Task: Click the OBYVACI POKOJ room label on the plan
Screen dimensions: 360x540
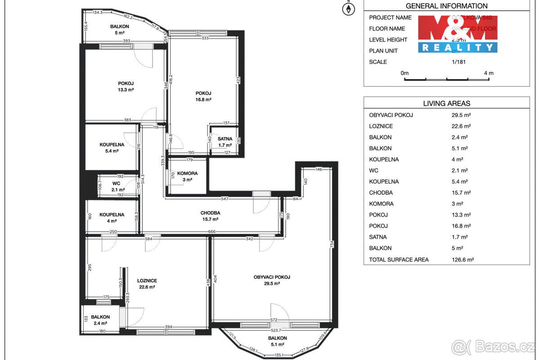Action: [271, 277]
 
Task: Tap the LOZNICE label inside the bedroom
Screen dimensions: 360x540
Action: [147, 280]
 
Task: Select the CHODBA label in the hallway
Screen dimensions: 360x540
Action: [210, 213]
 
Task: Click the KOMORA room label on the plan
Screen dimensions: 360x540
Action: [187, 173]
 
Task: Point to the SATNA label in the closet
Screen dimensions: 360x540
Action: [225, 139]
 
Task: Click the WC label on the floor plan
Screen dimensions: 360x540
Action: [116, 184]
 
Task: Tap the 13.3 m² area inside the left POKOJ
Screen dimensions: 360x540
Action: [126, 90]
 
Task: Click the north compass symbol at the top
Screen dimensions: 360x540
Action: [348, 9]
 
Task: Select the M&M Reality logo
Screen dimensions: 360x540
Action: [457, 34]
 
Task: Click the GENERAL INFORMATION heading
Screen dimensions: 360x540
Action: [446, 6]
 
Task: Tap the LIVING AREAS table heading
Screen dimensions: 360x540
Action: [446, 103]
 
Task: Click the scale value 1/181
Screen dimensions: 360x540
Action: [459, 62]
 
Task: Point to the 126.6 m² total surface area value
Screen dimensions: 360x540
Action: [463, 259]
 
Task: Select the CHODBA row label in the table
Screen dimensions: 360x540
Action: [381, 193]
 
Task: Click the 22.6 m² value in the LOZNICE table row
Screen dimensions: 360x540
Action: [461, 126]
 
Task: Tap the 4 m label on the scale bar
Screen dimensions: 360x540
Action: [488, 73]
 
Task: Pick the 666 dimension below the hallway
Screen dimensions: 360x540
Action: [211, 232]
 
